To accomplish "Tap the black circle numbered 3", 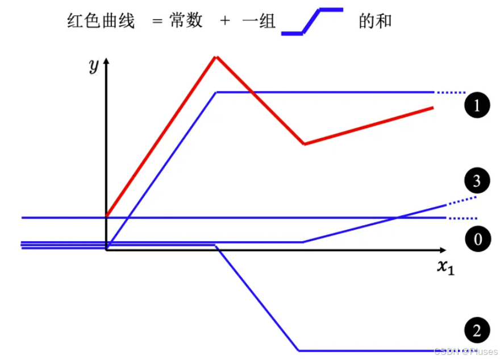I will [477, 181].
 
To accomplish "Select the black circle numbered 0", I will [477, 239].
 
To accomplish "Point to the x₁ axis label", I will [445, 266].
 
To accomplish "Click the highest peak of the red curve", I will [215, 56].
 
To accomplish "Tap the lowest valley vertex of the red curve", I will [305, 144].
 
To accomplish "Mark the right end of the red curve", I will [434, 107].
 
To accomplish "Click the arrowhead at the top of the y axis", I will [106, 60].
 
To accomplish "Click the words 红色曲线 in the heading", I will [101, 22].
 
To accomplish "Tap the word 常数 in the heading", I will [185, 22].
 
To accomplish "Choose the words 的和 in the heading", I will [375, 22].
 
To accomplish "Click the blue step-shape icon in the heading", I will [312, 22].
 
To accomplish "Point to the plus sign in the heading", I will [226, 22].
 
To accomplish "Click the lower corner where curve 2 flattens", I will [299, 350].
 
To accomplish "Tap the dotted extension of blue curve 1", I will [450, 92].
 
